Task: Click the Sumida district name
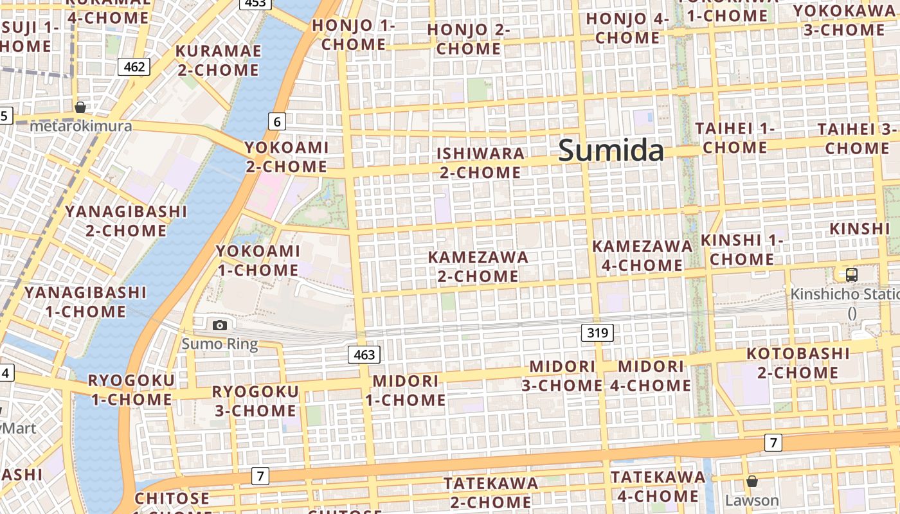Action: [x=611, y=150]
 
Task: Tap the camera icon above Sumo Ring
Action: [x=220, y=325]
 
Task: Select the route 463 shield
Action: [x=364, y=354]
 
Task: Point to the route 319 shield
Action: [x=597, y=333]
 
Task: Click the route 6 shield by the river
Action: [x=277, y=121]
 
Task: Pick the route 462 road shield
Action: [x=134, y=66]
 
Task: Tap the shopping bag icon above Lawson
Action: [x=751, y=481]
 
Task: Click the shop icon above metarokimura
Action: [x=80, y=107]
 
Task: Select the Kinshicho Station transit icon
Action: [x=851, y=275]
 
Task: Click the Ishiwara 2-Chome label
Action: [x=481, y=163]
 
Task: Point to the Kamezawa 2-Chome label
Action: [x=478, y=267]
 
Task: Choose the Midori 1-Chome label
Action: [x=406, y=390]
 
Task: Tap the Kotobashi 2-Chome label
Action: [x=798, y=363]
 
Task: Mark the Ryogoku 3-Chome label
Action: [x=255, y=401]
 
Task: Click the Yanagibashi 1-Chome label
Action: [x=85, y=302]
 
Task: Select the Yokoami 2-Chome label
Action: [x=287, y=157]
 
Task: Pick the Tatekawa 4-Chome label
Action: [x=658, y=486]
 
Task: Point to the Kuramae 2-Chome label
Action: [x=218, y=60]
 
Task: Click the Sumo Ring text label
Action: [x=220, y=344]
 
